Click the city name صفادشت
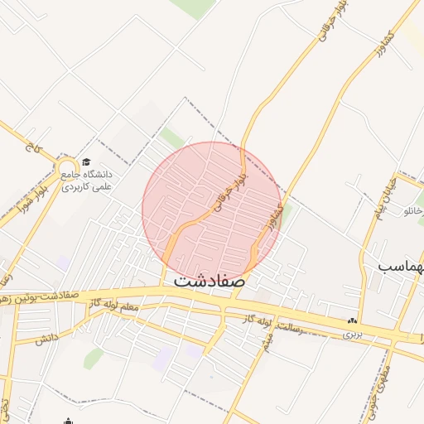(210, 281)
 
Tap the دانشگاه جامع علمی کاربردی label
(91, 181)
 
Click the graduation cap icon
(86, 162)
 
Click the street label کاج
(33, 150)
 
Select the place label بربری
(354, 335)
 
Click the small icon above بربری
(354, 321)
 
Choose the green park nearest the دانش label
(93, 358)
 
